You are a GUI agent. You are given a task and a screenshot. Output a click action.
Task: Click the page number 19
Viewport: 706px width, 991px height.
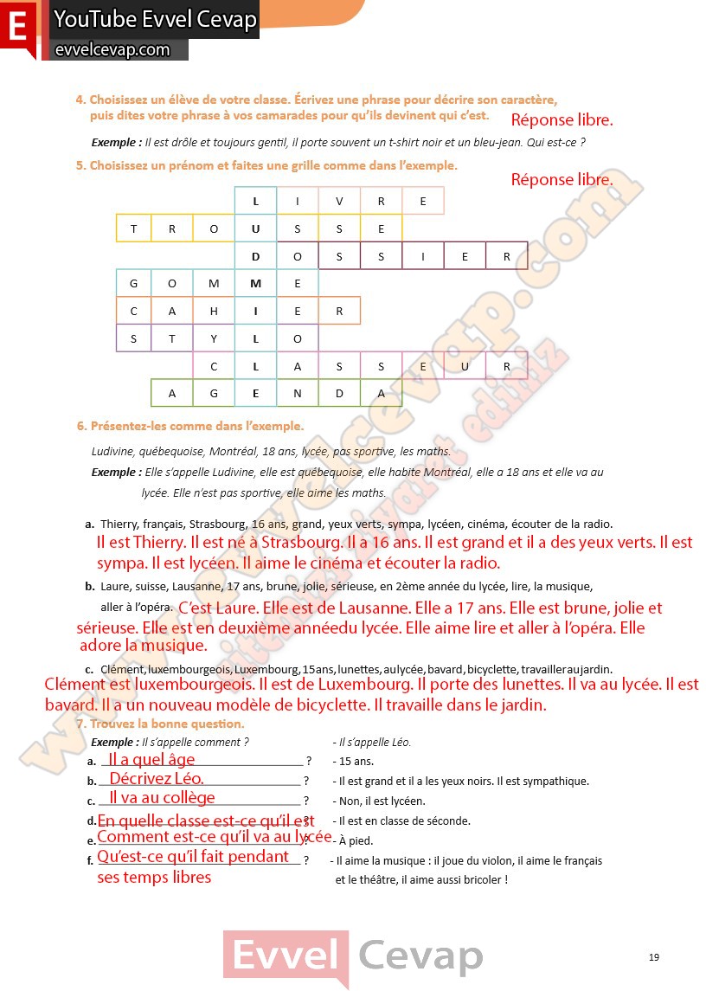(x=653, y=956)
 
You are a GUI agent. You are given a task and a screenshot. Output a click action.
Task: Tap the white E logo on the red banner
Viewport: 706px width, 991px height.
(x=17, y=27)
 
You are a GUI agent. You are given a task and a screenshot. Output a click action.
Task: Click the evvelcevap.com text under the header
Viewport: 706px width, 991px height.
(x=112, y=50)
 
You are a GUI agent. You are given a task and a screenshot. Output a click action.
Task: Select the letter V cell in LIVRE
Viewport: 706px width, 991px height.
(x=339, y=202)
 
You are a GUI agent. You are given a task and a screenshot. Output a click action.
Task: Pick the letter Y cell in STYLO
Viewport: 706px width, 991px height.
(x=214, y=338)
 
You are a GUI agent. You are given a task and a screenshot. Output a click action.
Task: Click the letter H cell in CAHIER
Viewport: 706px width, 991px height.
(x=214, y=311)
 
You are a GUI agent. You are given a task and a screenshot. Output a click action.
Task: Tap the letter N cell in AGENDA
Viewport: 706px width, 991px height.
(x=298, y=393)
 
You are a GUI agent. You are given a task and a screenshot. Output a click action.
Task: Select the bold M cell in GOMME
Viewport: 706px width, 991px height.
(x=255, y=283)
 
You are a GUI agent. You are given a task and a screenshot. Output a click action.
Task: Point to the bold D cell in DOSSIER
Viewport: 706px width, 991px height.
(x=255, y=256)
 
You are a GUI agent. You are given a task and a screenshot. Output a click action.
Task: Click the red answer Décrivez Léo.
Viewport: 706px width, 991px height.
(x=157, y=778)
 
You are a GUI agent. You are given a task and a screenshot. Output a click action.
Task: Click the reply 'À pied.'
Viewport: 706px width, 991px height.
(x=355, y=840)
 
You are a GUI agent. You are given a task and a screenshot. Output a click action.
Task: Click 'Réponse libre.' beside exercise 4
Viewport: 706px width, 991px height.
(x=562, y=120)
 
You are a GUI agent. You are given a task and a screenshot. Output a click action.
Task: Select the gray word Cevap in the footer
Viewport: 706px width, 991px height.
(x=420, y=956)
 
